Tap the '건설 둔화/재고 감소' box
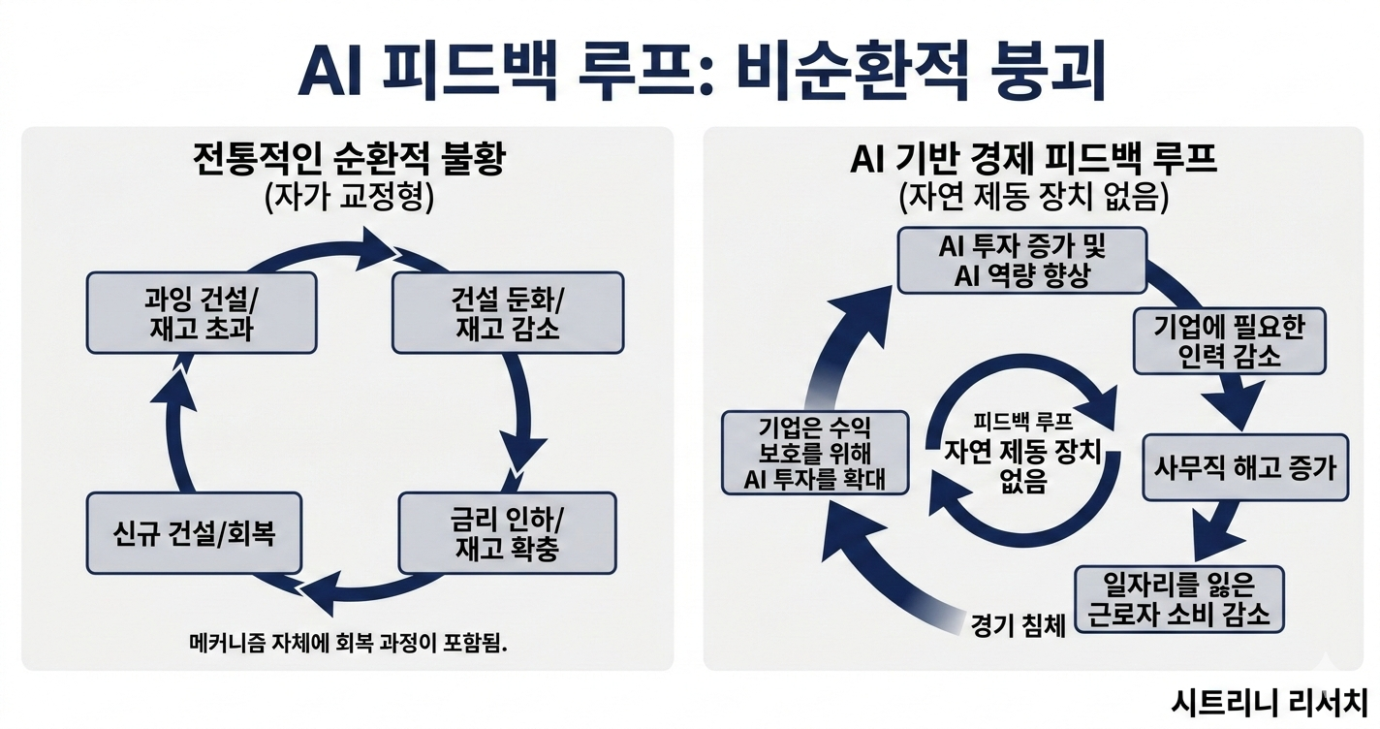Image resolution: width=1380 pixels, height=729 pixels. (507, 312)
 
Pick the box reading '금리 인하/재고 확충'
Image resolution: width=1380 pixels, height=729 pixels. (507, 532)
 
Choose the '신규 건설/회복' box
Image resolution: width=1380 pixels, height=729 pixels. (194, 532)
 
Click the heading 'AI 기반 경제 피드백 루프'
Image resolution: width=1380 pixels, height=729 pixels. (1033, 159)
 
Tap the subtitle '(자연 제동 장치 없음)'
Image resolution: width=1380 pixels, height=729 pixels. (1033, 197)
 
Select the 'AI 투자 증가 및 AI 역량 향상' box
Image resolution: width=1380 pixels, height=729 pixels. (1022, 260)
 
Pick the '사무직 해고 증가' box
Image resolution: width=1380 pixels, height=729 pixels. (1245, 467)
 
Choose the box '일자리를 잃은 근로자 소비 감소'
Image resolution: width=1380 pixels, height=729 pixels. (1179, 600)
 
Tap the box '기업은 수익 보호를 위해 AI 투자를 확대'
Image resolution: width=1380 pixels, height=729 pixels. (816, 452)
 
